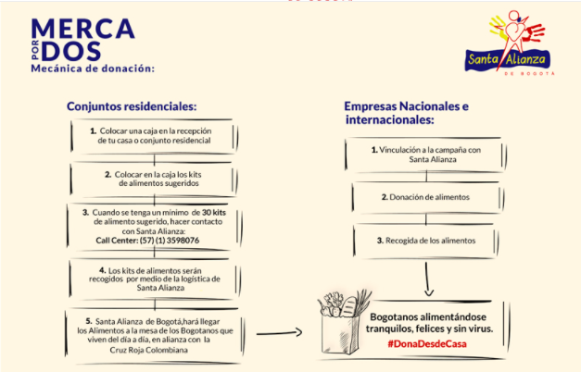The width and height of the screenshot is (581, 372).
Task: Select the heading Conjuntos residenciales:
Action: tap(132, 105)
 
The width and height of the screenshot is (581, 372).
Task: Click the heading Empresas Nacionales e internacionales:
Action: tap(406, 113)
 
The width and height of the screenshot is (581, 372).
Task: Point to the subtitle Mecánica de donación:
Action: tap(92, 68)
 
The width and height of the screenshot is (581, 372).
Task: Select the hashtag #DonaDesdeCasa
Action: tap(427, 344)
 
